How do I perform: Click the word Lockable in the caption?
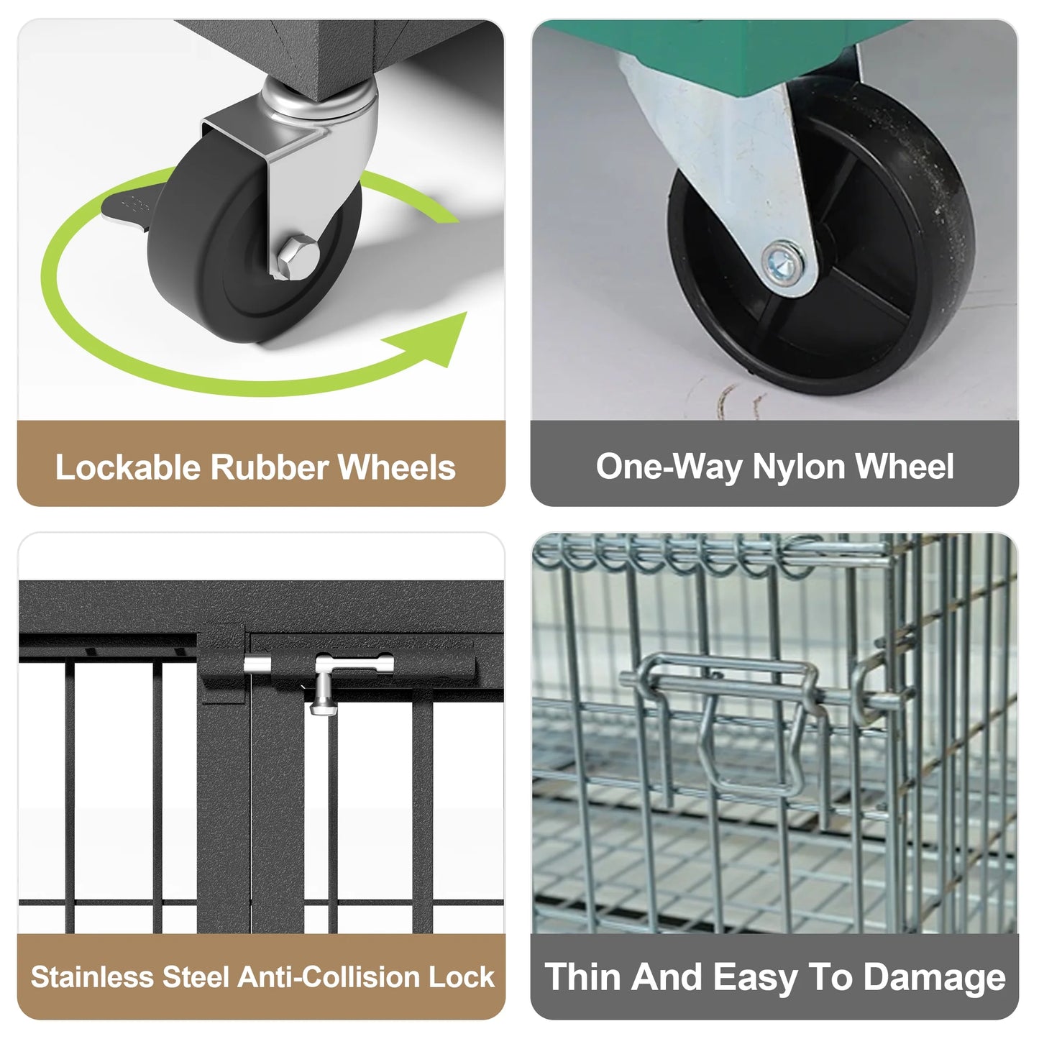point(128,467)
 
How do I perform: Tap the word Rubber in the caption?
point(269,467)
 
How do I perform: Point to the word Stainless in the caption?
point(92,976)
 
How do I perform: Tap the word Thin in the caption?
point(582,976)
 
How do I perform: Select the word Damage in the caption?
point(935,978)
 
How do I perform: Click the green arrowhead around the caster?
point(434,339)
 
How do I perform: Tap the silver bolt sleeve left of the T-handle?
point(257,664)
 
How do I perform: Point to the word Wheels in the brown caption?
point(397,467)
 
